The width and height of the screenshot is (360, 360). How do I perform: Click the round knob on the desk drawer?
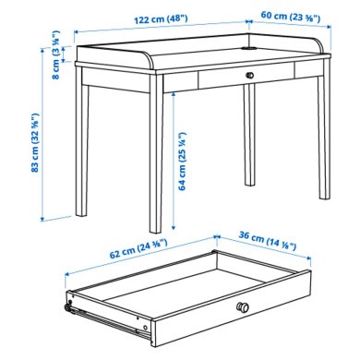[250, 75]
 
